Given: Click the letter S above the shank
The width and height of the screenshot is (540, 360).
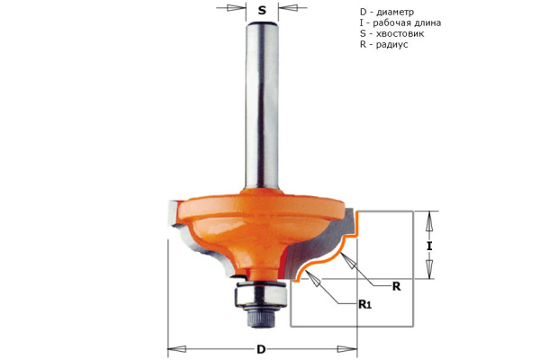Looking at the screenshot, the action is pyautogui.click(x=262, y=11).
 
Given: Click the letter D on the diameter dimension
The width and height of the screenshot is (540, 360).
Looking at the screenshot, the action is pyautogui.click(x=261, y=349).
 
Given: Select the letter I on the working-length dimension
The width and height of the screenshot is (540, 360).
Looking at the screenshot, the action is pyautogui.click(x=429, y=247).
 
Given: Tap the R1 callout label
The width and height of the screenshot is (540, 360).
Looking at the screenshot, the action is pyautogui.click(x=365, y=304).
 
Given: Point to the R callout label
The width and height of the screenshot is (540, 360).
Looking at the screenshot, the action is pyautogui.click(x=396, y=286).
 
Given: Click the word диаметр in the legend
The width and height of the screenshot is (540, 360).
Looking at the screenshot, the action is pyautogui.click(x=395, y=13).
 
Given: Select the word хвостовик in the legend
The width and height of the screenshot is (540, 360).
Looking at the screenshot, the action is pyautogui.click(x=400, y=34).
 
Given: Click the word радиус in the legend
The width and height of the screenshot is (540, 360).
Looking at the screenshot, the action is pyautogui.click(x=391, y=45).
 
